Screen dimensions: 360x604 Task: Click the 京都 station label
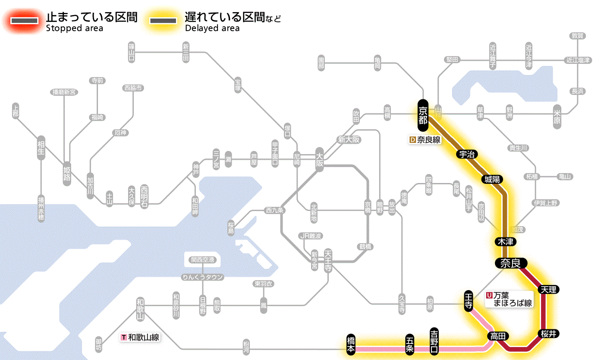click(x=423, y=115)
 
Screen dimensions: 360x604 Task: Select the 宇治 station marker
click(x=468, y=155)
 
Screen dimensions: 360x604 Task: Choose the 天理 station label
click(x=548, y=289)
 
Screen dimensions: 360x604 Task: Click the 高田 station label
click(x=498, y=336)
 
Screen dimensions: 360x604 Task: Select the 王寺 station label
click(x=469, y=300)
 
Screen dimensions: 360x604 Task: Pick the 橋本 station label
click(x=352, y=345)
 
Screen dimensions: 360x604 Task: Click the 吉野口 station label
click(x=434, y=341)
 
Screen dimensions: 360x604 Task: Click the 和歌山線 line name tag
click(x=140, y=337)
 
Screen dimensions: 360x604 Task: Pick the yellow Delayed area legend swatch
click(x=162, y=21)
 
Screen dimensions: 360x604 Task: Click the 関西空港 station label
click(x=203, y=260)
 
